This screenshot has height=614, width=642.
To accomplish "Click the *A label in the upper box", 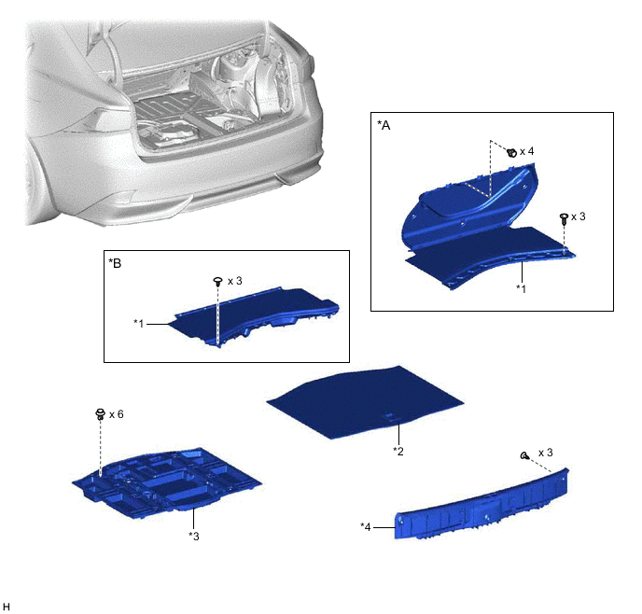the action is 384,125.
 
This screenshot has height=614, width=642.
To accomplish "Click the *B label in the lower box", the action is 115,263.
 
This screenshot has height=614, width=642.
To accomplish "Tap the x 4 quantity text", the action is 527,151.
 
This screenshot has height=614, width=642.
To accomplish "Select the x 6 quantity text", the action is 117,414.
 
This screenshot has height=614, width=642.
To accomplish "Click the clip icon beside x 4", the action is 511,153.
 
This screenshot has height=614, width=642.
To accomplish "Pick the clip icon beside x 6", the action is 101,413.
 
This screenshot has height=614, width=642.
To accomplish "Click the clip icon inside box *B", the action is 218,282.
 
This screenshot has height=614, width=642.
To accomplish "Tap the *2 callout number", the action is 398,451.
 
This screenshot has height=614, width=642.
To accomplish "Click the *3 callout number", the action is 194,536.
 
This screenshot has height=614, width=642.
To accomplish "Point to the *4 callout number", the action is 366,527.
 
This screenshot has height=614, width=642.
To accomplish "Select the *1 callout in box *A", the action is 521,288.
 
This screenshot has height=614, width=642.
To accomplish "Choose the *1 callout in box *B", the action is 139,324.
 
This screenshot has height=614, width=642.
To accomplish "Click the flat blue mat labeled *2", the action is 365,401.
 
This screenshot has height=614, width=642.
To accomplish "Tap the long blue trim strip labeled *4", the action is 481,506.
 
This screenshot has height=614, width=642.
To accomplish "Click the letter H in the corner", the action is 6,607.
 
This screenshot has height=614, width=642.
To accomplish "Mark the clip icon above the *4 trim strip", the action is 524,455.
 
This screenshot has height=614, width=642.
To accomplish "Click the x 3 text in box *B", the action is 235,281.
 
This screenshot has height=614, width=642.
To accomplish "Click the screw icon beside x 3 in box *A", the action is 564,218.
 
